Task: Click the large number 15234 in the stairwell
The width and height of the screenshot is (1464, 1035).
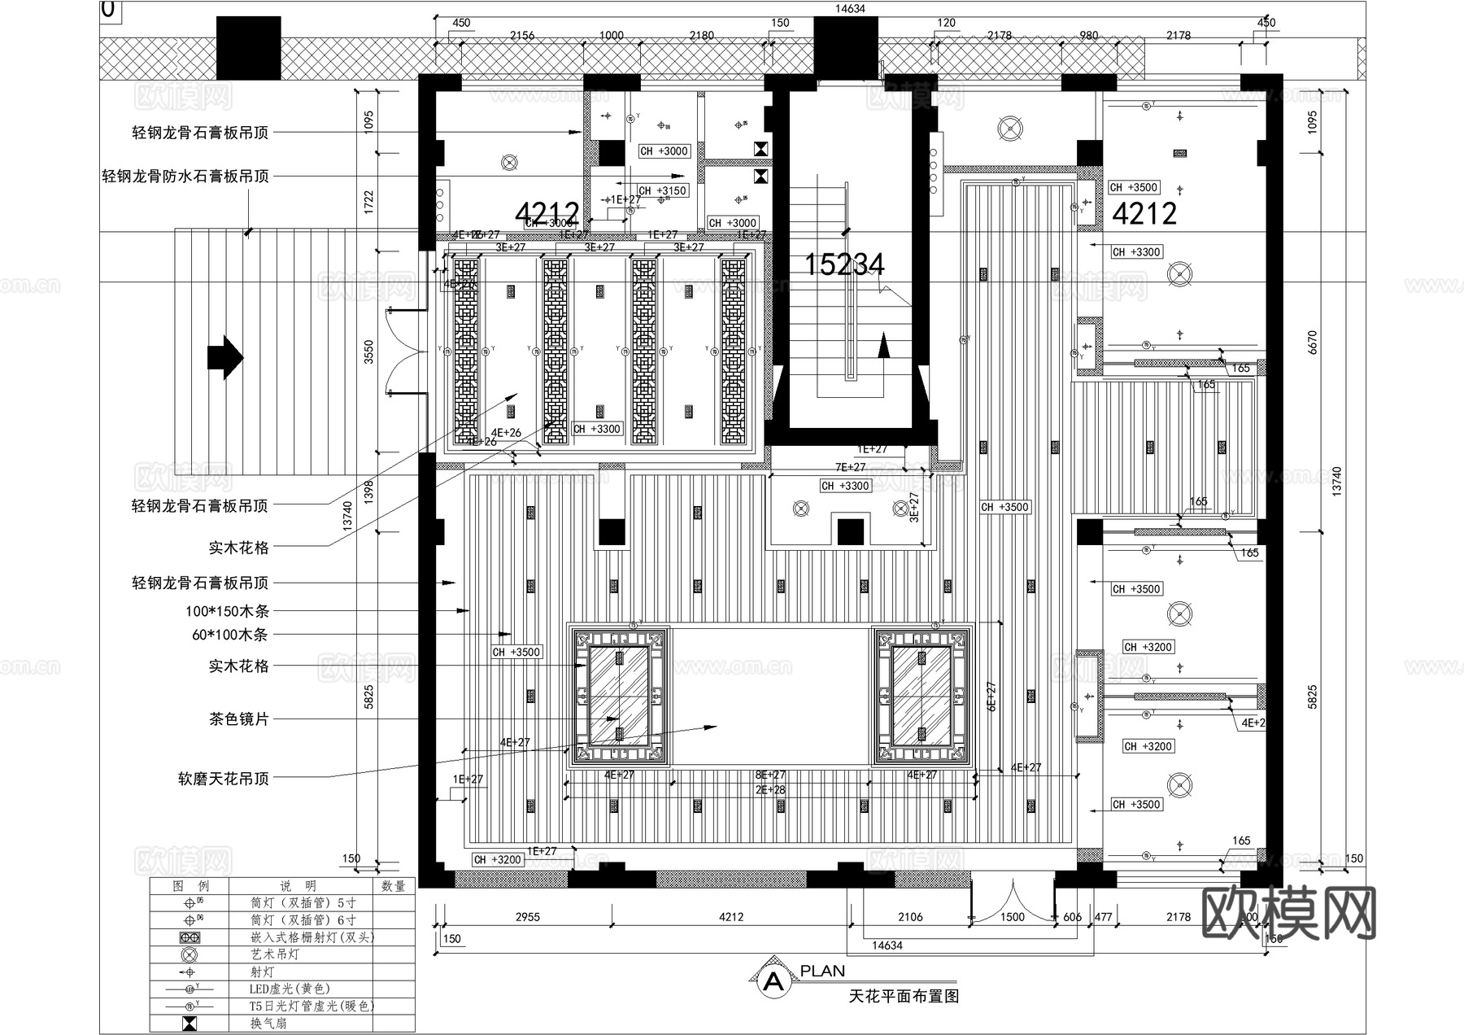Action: pos(844,264)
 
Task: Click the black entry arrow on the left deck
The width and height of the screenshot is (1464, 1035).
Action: pos(225,357)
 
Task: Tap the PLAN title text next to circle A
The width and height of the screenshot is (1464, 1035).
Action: pos(822,971)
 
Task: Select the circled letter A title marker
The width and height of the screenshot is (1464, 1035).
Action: pos(773,981)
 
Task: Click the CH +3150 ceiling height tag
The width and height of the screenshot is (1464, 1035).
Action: pos(663,190)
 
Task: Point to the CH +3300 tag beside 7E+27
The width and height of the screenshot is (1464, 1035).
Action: pos(845,486)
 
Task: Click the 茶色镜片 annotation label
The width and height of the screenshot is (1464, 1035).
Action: pos(238,719)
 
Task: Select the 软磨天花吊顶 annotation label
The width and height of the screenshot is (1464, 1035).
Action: pos(223,779)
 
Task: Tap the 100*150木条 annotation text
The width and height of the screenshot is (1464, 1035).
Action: pos(227,611)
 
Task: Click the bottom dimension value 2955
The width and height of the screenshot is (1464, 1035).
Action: pos(528,917)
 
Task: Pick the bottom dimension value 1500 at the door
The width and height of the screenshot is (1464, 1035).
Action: pos(1013,917)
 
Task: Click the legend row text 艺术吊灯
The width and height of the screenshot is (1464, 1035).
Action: pos(275,954)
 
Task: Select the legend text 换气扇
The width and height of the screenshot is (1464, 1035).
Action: pos(268,1023)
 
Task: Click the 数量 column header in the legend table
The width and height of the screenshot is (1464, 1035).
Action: pos(393,886)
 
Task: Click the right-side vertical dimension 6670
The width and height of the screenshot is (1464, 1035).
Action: pos(1312,342)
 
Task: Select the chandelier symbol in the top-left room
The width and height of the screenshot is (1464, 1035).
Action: pos(509,163)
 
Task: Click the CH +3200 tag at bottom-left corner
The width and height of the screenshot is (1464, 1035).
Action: pos(497,859)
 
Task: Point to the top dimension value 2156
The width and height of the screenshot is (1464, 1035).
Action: pos(522,35)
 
